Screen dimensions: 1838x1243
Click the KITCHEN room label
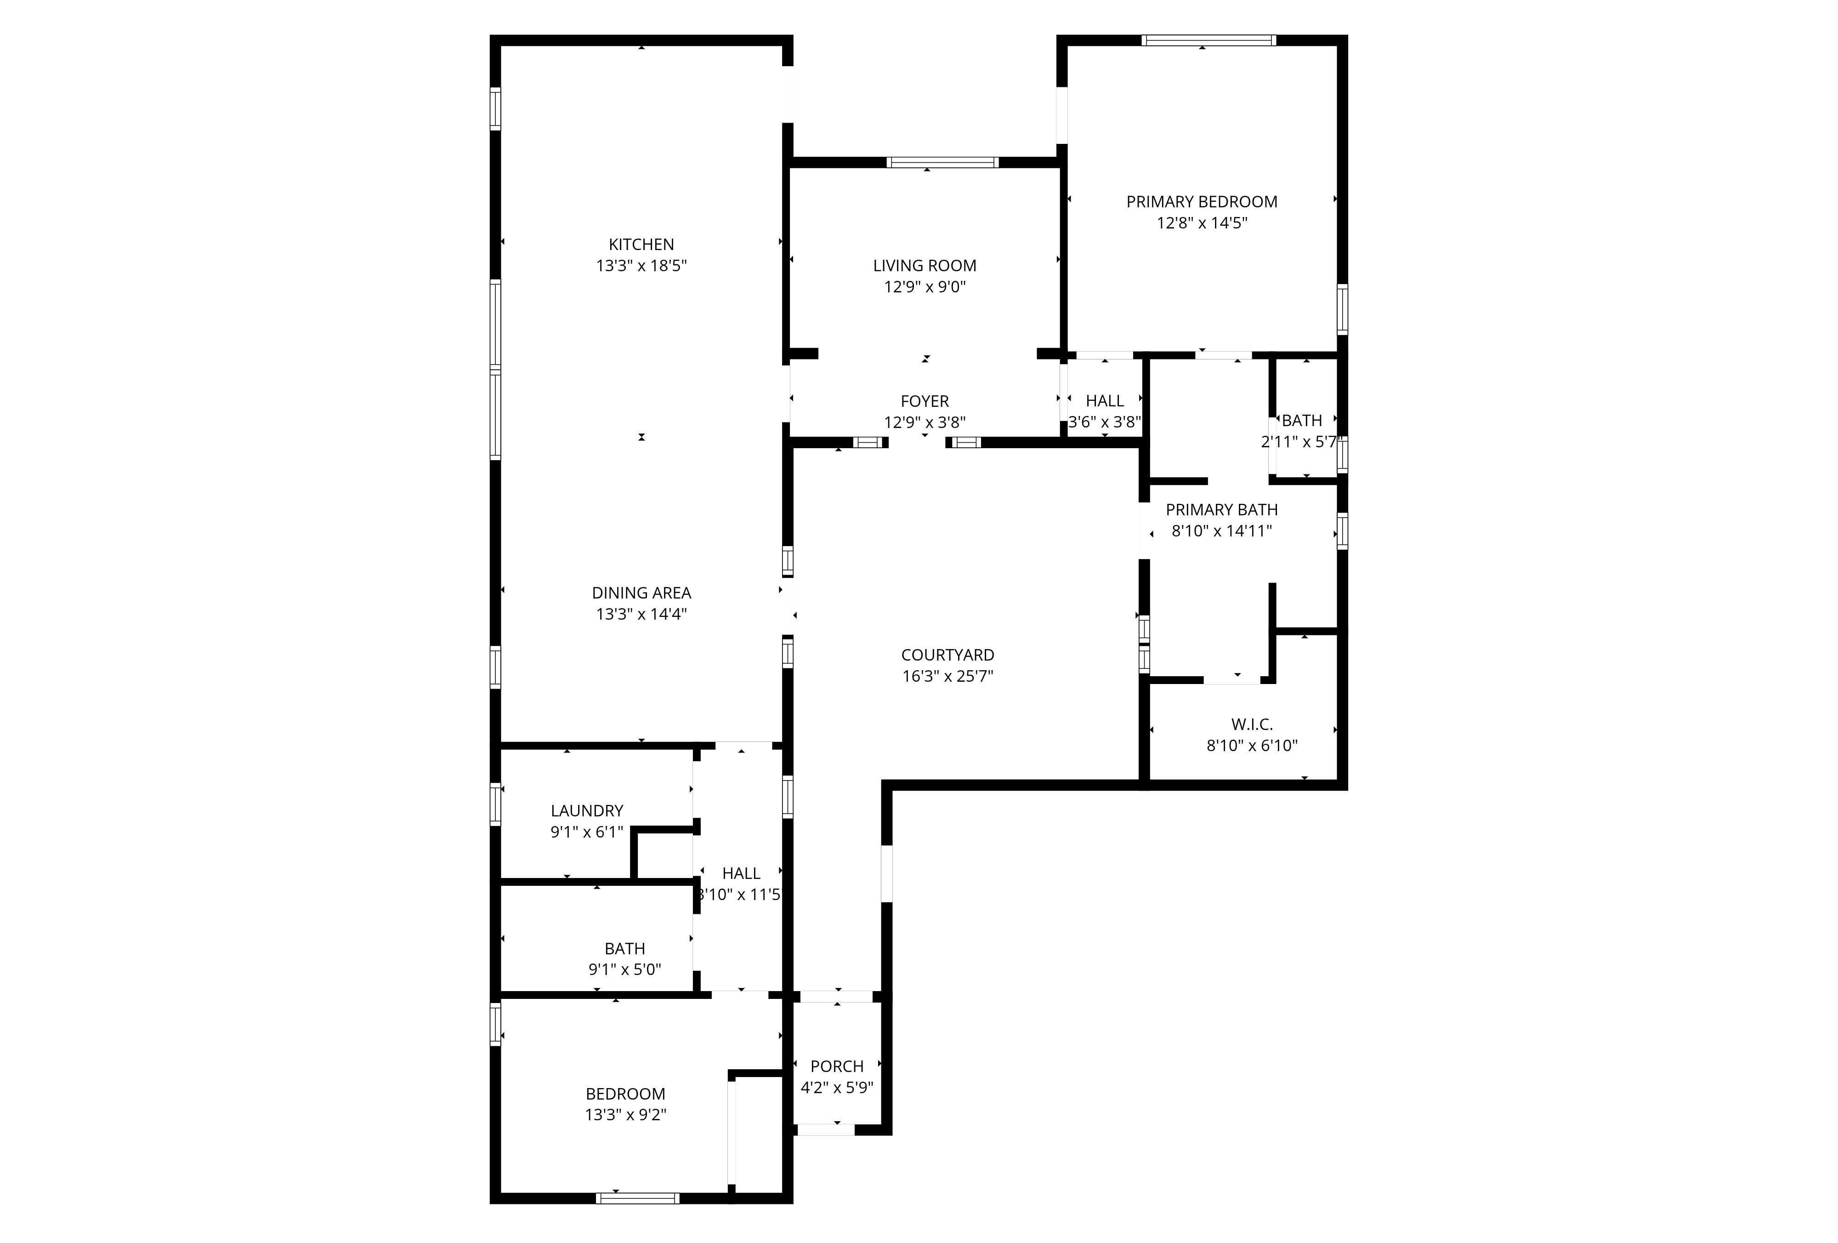(641, 245)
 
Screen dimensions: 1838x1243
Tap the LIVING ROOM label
(925, 266)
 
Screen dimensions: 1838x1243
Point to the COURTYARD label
(947, 655)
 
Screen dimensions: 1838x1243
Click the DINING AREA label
(641, 593)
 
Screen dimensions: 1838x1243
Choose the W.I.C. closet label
(1252, 724)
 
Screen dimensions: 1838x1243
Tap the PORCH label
(837, 1066)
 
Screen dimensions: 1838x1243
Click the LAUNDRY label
(587, 811)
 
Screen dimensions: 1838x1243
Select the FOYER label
(925, 401)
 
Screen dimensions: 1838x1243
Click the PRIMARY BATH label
(1222, 510)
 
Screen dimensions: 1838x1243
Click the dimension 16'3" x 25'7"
(947, 677)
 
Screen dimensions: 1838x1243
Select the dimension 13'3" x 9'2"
(625, 1115)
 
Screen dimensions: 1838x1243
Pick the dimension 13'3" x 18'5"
(641, 266)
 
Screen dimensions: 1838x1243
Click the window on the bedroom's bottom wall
(637, 1198)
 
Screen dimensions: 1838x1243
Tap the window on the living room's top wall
(943, 163)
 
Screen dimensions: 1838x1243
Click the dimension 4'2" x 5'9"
(837, 1088)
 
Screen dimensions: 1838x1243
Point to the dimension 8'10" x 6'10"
(1252, 745)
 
